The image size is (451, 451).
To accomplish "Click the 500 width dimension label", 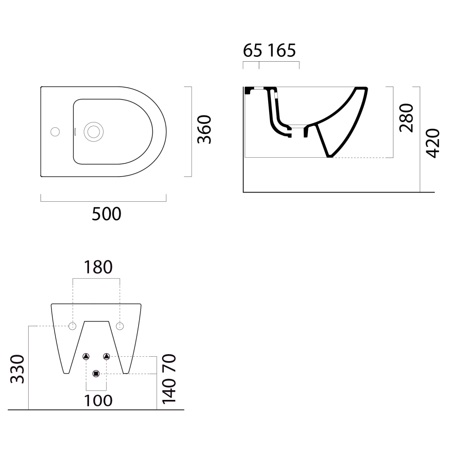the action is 107,214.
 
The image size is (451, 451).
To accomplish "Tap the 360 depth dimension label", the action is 204,129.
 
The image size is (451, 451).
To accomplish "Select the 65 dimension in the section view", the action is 252,51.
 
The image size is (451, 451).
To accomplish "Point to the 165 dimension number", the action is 282,51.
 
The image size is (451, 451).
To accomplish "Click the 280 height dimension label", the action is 407,118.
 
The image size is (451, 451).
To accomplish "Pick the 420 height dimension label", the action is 433,143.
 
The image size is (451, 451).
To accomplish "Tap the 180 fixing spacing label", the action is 98,267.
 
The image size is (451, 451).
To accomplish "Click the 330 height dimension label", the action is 17,369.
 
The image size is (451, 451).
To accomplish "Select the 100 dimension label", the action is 98,401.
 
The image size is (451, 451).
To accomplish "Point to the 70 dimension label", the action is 169,363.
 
